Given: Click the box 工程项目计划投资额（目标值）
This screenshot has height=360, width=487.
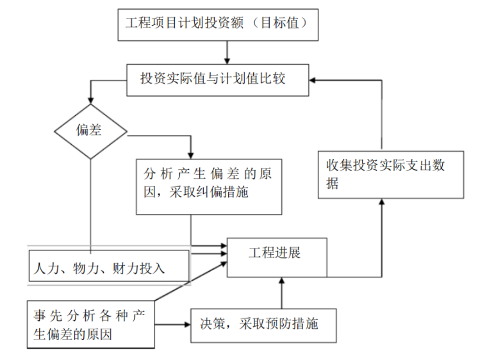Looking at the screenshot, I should click(218, 24).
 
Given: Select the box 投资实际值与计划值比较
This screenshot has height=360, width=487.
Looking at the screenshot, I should click(218, 79).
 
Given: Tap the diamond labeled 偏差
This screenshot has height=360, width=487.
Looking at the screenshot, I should click(90, 131).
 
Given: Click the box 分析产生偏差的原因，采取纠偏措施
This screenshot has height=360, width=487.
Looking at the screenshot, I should click(209, 186).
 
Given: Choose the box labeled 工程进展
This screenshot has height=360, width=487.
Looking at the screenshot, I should click(277, 257).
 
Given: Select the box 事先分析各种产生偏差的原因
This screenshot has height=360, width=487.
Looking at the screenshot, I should click(90, 324).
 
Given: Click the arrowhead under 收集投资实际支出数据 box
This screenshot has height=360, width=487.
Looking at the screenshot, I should click(382, 203).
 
